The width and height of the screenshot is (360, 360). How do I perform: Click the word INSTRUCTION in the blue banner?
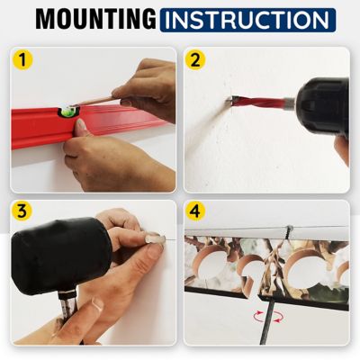pos(247,20)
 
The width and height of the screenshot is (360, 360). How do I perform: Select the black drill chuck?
pos(319,103)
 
